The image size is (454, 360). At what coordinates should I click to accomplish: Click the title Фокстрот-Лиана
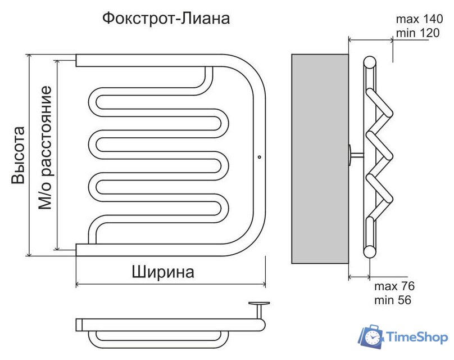pos(166,19)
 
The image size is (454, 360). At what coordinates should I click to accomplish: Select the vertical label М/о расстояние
pos(46,148)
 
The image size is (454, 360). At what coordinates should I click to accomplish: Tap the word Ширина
pos(164,272)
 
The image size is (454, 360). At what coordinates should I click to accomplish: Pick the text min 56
pos(393,300)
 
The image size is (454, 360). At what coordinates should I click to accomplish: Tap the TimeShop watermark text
pos(416,337)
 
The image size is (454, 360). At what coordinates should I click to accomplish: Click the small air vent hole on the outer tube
pos(259,157)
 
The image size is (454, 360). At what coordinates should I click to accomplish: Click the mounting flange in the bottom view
pos(260,304)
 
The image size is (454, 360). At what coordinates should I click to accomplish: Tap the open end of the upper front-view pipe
pos(77,60)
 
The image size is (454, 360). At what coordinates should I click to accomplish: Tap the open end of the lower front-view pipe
pos(77,249)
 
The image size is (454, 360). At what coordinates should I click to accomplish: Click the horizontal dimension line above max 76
pos(360,276)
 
